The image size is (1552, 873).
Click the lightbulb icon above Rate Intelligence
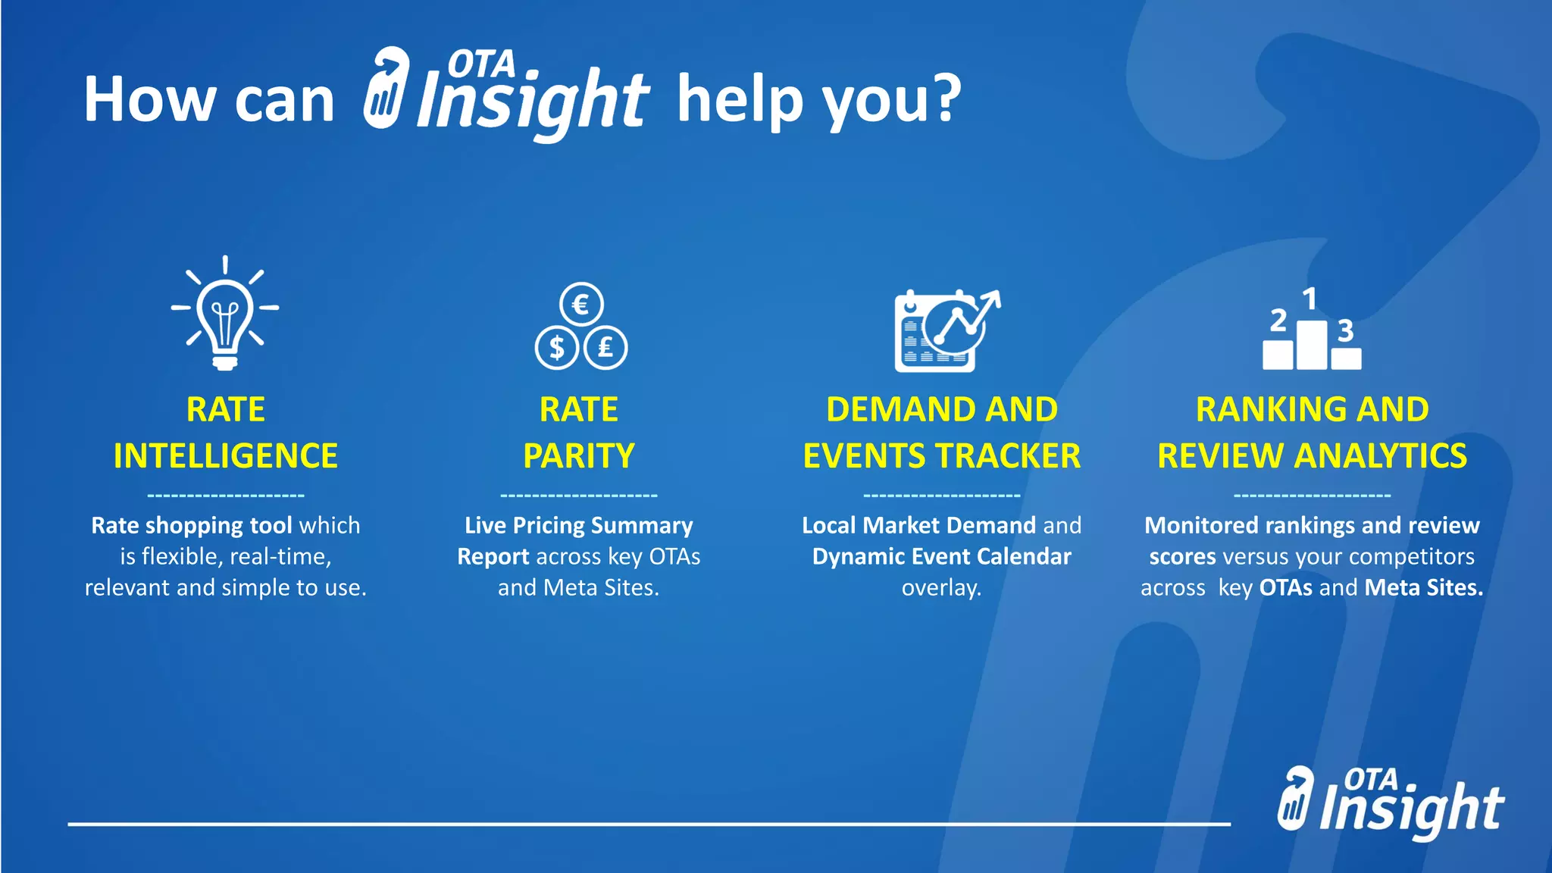(225, 314)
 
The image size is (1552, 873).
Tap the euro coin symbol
(581, 305)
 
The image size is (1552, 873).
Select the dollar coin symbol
(557, 348)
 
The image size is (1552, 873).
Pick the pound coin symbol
(605, 348)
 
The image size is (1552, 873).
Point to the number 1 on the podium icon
(1309, 299)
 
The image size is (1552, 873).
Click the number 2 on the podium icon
(1278, 320)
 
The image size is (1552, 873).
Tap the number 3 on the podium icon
(1345, 330)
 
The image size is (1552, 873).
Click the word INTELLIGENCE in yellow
(226, 456)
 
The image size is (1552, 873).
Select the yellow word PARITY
(579, 456)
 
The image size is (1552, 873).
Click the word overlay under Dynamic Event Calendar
(941, 588)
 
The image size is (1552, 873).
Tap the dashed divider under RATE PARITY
(579, 496)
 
